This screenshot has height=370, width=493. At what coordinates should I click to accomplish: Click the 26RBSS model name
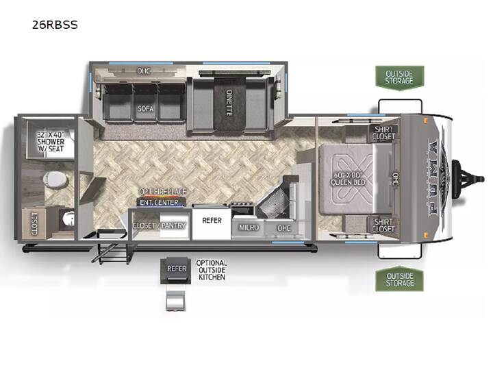point(55,25)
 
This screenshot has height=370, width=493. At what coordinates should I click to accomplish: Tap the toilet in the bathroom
point(55,180)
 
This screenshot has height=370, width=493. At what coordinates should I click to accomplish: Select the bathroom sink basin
point(68,218)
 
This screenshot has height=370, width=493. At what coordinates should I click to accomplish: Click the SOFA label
point(146,108)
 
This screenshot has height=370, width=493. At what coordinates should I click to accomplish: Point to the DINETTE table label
point(229,103)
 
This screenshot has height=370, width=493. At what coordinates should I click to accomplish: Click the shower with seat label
point(50,142)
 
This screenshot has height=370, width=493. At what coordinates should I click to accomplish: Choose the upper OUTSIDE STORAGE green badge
point(400,77)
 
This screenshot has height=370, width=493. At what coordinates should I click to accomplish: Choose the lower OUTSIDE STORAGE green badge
point(400,279)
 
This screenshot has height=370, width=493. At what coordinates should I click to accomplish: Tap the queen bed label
point(348,179)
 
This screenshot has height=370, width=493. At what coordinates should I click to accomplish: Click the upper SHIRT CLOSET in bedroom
point(383,133)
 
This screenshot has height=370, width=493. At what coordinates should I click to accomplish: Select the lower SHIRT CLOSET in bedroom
point(383,225)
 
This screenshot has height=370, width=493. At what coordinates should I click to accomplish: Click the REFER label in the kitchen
point(212,220)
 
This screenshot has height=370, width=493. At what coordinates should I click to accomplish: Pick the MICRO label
point(249,227)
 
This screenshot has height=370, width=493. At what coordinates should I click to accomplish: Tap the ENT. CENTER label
point(159,202)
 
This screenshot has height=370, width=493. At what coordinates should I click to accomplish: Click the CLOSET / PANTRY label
point(160,225)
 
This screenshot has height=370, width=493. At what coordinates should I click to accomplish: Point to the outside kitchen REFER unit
point(176,270)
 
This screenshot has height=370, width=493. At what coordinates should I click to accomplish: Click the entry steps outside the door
point(111,252)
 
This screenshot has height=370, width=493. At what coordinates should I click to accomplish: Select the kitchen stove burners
point(242,208)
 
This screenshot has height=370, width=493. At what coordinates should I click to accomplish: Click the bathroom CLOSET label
point(34,223)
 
